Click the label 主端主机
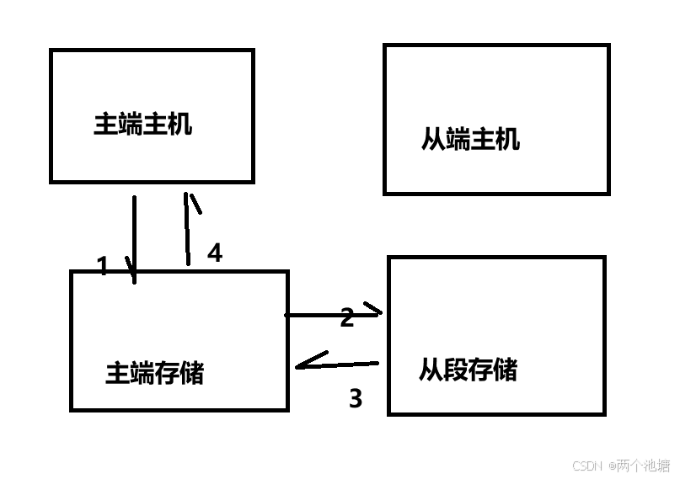[142, 125]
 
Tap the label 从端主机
[470, 139]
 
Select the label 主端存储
[154, 372]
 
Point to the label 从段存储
[468, 370]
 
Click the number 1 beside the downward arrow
[103, 267]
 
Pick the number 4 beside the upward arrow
[215, 253]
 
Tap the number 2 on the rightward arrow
[346, 318]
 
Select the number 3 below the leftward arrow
[356, 398]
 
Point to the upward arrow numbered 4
[187, 232]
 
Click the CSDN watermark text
[588, 466]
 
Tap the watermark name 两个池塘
[643, 466]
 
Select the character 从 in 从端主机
[433, 139]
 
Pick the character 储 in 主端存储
[192, 372]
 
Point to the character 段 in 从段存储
[456, 370]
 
